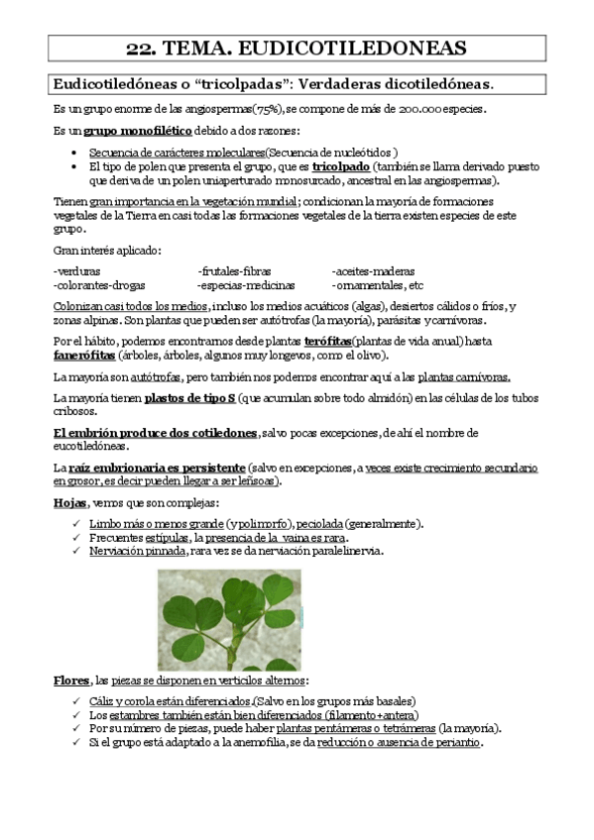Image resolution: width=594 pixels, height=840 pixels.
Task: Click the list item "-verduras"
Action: (x=75, y=270)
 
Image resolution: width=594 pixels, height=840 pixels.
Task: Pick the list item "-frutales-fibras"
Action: (x=234, y=270)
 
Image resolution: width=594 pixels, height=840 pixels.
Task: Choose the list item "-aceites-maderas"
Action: (x=372, y=270)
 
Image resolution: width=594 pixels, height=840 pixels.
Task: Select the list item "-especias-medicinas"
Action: (x=240, y=284)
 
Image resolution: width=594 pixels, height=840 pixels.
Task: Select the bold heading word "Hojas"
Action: (x=69, y=502)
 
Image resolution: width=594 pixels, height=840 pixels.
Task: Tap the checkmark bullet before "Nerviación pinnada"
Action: (x=77, y=551)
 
